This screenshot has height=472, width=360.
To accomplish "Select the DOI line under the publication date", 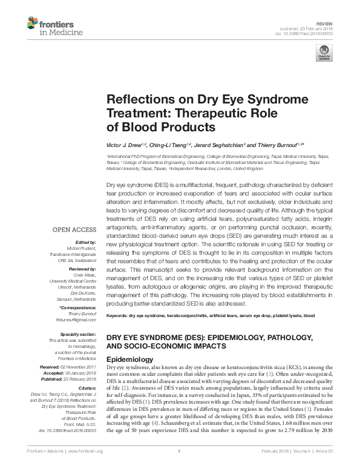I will coord(309,34).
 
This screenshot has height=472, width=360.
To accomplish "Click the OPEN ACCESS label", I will coord(74,229).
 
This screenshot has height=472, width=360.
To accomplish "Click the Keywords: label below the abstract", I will coord(117,316).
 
